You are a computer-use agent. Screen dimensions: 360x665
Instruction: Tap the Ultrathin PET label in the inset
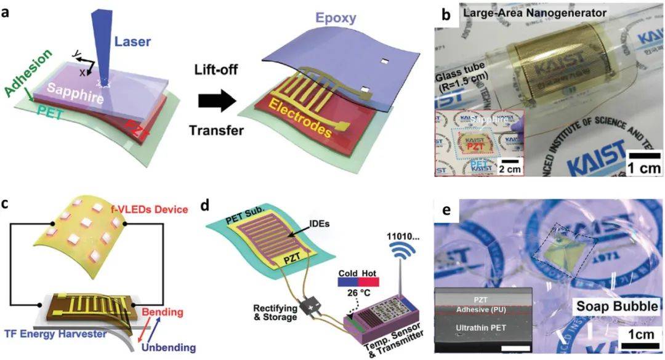point(480,328)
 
